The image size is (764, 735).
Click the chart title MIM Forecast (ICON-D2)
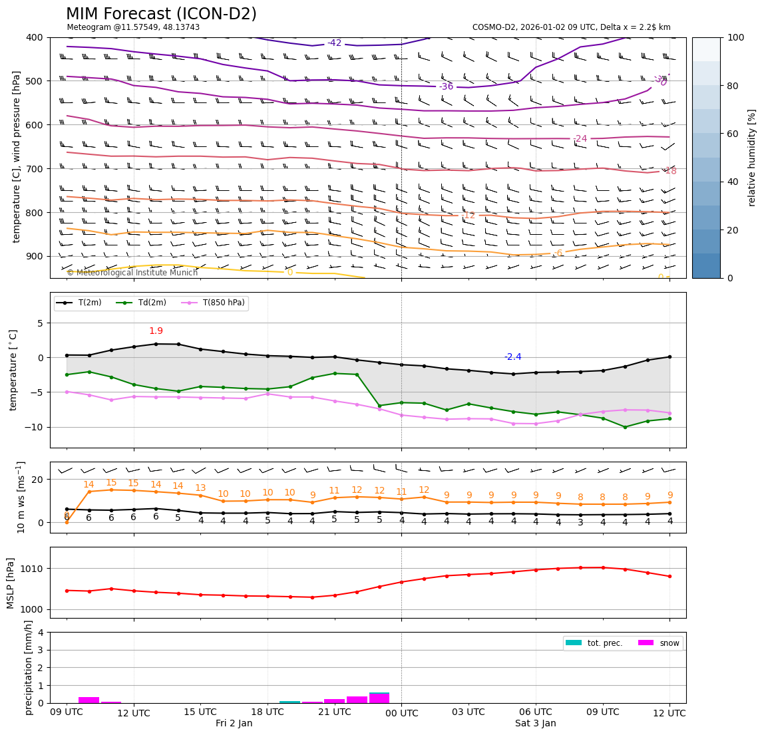161,14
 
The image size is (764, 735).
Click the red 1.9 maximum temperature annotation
156,331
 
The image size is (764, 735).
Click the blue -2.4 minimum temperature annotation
512,357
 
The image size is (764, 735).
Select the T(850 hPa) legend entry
222,303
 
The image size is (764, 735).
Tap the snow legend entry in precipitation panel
669,643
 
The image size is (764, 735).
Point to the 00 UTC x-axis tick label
401,713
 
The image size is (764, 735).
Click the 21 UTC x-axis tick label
334,712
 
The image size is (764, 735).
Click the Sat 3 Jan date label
535,723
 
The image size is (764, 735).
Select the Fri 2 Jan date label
234,723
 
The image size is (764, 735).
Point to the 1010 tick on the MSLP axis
33,569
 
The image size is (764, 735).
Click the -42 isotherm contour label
334,43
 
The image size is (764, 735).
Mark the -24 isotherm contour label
580,139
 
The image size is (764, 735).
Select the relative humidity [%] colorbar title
752,158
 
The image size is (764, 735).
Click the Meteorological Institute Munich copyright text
132,273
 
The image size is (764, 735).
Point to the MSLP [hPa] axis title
11,583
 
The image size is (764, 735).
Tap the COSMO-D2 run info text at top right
571,27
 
